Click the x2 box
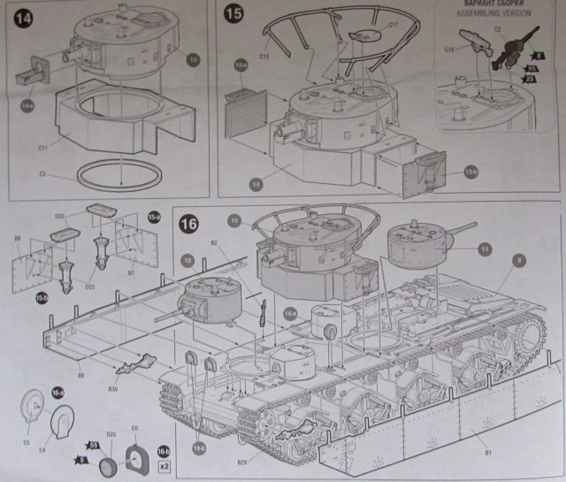pos(164,461)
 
